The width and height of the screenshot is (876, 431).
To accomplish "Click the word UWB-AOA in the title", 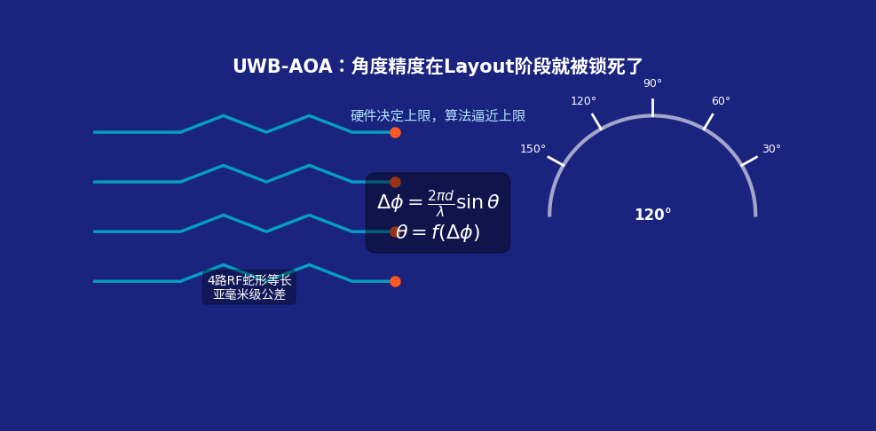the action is coord(282,67).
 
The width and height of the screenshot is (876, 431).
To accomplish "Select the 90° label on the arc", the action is coord(652,83).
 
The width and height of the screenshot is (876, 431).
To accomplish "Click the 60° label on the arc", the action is coord(721,102).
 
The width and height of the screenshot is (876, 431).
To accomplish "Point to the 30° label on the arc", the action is coord(771,149).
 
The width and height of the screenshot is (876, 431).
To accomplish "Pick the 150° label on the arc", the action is coord(533,149).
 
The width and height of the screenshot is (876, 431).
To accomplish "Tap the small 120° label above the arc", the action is coord(583,102).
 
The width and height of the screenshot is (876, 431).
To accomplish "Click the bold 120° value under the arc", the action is coord(653,215).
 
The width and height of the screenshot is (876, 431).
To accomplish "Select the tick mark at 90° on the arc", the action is coord(652,107).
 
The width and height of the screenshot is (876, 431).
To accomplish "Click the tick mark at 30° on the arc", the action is coord(749,161).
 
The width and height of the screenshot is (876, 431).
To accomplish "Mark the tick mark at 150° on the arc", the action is coord(556,161).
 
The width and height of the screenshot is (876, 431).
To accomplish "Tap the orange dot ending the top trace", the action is coord(395,132).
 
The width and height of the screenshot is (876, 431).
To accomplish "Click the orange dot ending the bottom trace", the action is coord(395,281).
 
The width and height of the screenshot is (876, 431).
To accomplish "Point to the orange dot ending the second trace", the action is coord(395,182).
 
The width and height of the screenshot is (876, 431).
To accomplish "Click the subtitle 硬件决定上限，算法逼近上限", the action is coord(438,116).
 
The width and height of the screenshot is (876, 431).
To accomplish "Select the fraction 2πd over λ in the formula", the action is coord(440,203).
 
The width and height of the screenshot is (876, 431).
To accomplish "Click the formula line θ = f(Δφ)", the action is coord(438,232).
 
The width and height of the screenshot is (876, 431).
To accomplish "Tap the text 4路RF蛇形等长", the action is coord(249,281).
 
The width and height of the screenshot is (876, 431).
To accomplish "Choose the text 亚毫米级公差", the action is coord(249,294).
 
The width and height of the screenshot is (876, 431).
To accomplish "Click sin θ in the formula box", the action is coord(477,203).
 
